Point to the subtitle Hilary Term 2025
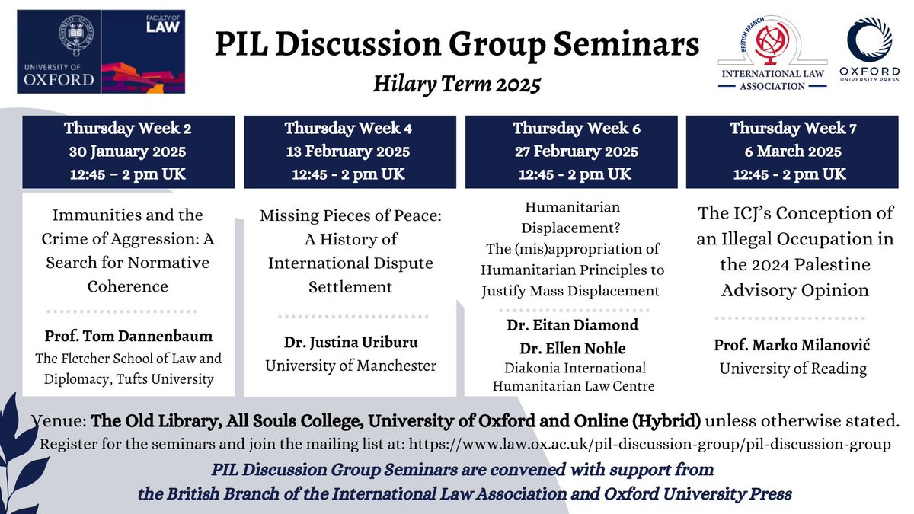(x=456, y=83)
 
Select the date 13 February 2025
(x=347, y=151)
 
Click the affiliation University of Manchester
(x=351, y=366)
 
